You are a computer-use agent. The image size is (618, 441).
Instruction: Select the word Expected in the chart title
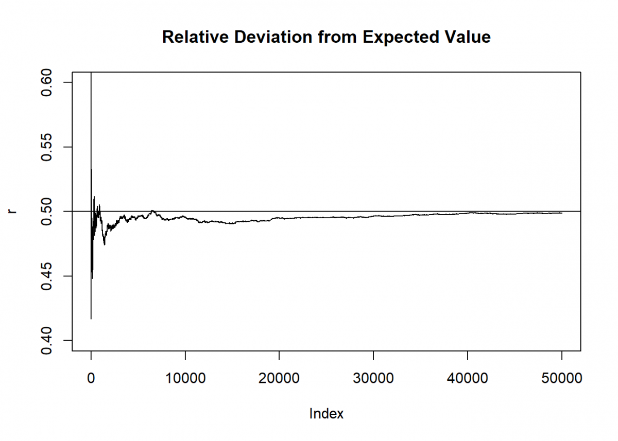(x=400, y=37)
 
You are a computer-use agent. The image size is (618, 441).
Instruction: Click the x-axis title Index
(x=326, y=414)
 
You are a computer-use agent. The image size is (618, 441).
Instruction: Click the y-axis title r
(x=14, y=211)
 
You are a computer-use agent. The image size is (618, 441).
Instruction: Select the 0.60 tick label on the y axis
(x=48, y=82)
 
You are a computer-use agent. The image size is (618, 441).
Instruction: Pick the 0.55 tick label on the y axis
(x=48, y=147)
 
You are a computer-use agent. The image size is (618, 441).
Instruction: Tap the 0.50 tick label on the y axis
(x=48, y=211)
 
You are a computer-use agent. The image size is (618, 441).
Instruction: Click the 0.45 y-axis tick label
(x=48, y=276)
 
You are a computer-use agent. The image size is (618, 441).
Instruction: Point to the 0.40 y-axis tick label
(x=48, y=340)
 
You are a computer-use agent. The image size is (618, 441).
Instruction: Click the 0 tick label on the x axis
(x=91, y=379)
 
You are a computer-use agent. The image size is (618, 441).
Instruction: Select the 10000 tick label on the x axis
(x=185, y=379)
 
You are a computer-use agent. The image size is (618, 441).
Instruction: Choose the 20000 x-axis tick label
(x=279, y=379)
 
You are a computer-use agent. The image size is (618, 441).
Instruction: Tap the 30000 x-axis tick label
(x=373, y=379)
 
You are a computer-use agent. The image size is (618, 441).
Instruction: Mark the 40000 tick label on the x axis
(x=467, y=379)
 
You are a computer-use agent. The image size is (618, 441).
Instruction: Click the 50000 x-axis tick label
(x=561, y=379)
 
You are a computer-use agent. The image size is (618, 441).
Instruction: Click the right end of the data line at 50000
(x=561, y=213)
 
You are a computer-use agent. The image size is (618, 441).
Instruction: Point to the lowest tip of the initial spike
(x=91, y=319)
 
